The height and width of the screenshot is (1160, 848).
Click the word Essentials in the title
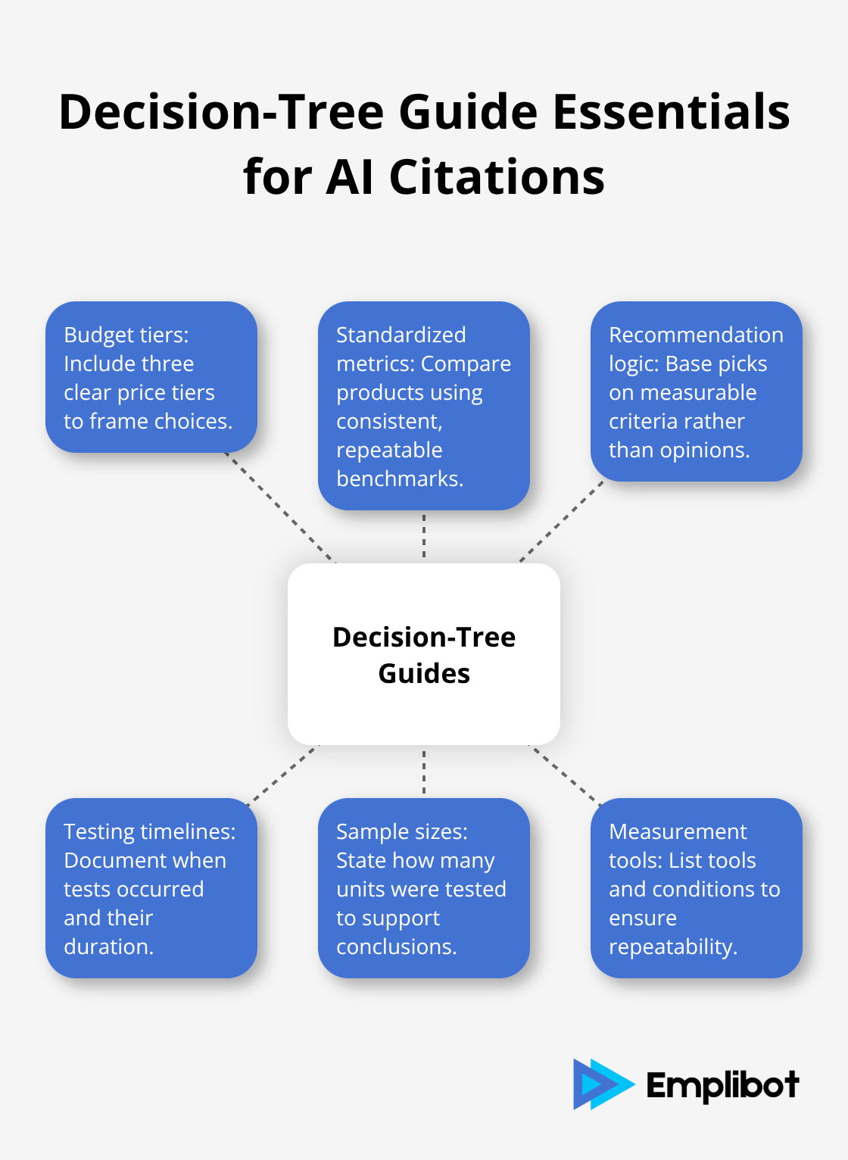(x=671, y=112)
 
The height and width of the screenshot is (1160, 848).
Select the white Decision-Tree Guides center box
(x=424, y=654)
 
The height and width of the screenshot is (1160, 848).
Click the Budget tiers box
(x=151, y=377)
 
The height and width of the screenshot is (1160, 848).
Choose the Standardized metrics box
(x=424, y=406)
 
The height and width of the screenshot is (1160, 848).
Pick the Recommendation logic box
(x=696, y=391)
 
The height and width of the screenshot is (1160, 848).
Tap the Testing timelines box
(x=151, y=888)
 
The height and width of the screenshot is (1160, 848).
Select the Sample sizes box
(x=424, y=888)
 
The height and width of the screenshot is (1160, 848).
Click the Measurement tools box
(x=696, y=888)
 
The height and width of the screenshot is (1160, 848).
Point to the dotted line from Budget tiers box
(x=280, y=508)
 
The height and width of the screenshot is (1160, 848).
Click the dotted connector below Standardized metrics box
(x=424, y=536)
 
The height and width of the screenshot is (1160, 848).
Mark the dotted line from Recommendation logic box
(x=562, y=522)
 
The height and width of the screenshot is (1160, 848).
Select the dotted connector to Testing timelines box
(x=283, y=772)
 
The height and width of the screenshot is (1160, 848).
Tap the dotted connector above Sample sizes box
(x=424, y=772)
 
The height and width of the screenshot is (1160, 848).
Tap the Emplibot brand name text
(x=722, y=1086)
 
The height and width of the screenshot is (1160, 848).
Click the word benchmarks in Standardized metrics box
(x=399, y=479)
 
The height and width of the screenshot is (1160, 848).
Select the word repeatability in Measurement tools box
(x=672, y=946)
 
